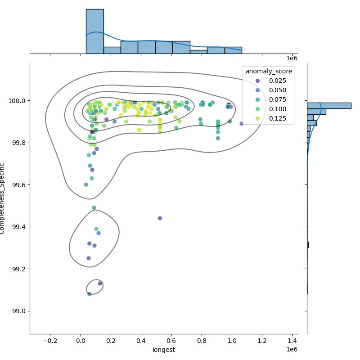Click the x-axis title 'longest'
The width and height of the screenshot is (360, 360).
click(x=164, y=350)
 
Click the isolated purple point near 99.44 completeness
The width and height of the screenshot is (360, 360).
click(x=160, y=218)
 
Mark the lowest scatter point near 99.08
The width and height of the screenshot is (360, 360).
click(x=89, y=294)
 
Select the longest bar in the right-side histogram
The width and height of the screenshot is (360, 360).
click(x=328, y=106)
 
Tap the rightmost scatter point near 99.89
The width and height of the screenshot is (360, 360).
click(x=242, y=123)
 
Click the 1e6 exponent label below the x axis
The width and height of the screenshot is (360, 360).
click(x=292, y=350)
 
